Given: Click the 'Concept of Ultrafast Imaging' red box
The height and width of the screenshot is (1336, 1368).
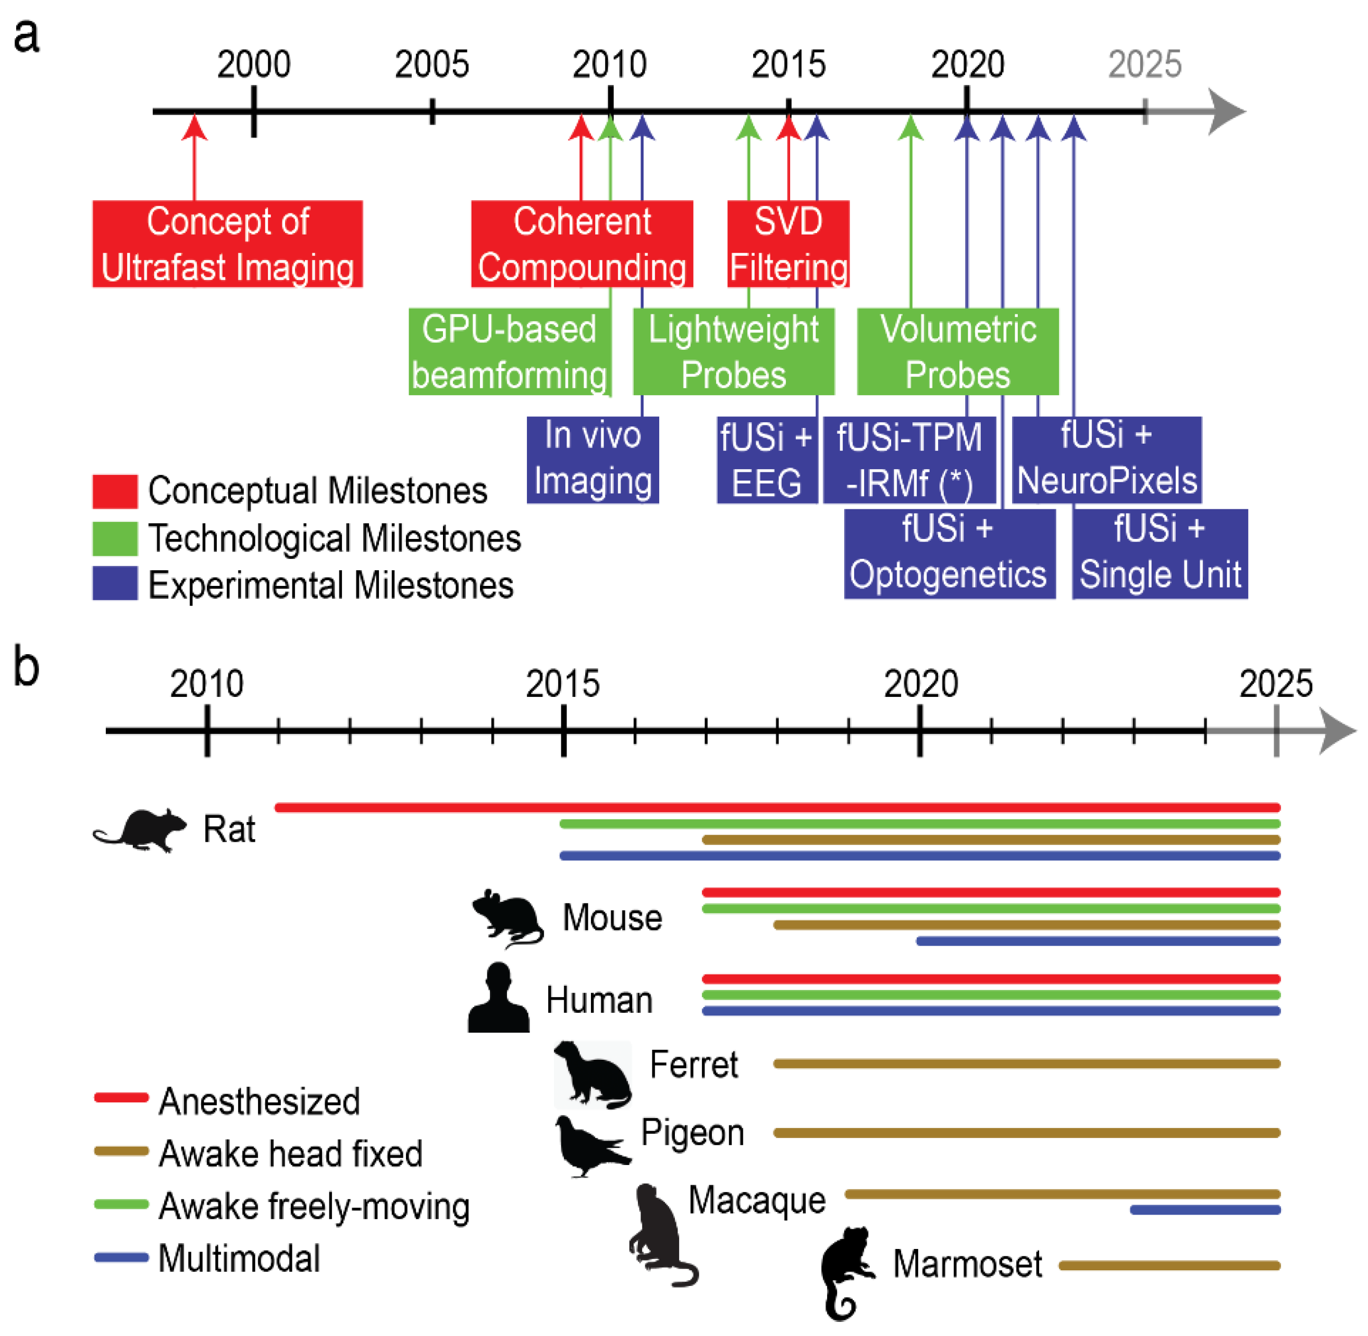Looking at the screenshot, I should point(227,243).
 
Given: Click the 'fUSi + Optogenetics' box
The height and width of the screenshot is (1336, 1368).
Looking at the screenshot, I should point(948,553).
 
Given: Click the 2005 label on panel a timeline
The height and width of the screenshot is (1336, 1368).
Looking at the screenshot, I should point(431,65).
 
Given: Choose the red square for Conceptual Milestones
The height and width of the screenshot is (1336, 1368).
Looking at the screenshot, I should point(114,491).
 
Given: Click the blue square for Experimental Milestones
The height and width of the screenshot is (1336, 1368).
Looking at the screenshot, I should point(114,583).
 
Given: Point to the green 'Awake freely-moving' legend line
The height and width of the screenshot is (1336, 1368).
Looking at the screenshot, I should point(121,1204).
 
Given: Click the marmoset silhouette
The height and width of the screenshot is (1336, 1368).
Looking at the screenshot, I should point(845,1270).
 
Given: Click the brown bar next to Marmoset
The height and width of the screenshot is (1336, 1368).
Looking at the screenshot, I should point(1169,1265).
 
